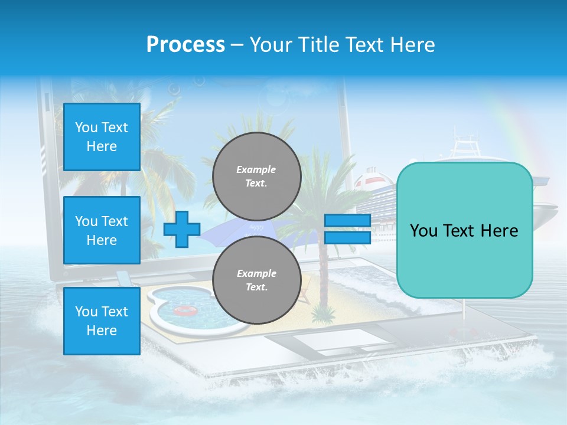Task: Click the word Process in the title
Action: pyautogui.click(x=185, y=45)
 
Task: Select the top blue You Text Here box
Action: pyautogui.click(x=102, y=137)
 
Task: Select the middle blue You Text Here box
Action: pyautogui.click(x=102, y=230)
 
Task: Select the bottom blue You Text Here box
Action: pyautogui.click(x=102, y=321)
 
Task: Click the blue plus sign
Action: pyautogui.click(x=182, y=229)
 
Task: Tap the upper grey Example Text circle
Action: pyautogui.click(x=256, y=176)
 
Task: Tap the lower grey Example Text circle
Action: pyautogui.click(x=256, y=280)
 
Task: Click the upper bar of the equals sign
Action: pyautogui.click(x=347, y=220)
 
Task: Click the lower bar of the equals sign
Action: pyautogui.click(x=347, y=237)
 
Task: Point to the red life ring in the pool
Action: pyautogui.click(x=184, y=310)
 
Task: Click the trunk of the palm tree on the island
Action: pyautogui.click(x=322, y=277)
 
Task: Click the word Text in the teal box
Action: pyautogui.click(x=464, y=230)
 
